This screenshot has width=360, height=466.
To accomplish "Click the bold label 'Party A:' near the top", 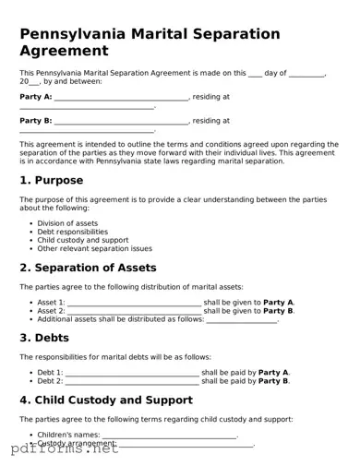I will coord(35,96).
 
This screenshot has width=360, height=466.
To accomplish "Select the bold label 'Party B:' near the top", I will coord(35,120).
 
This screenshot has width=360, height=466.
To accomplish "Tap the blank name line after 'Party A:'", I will coord(121,98).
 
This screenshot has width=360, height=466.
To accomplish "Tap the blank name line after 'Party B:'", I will coord(121,122).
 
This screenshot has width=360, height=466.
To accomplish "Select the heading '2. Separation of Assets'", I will coord(93,268).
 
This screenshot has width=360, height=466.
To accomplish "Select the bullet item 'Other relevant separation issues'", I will coord(94,248).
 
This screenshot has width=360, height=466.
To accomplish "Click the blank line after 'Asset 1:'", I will coord(134,304).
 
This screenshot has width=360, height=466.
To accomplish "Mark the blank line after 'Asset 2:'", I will coord(134,312).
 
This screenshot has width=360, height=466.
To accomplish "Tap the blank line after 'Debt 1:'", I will coord(133,374).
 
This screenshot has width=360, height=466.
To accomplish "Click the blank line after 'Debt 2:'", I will coord(133,382).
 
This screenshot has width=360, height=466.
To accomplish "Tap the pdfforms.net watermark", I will coord(60,450).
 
